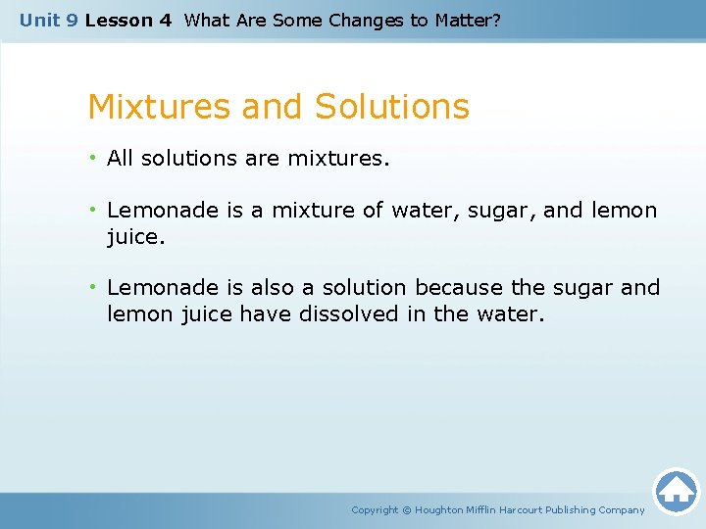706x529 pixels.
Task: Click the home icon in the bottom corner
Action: click(676, 491)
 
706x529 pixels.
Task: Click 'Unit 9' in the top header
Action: click(49, 20)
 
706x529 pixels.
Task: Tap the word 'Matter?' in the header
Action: click(466, 20)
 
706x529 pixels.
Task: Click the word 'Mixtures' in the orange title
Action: click(160, 106)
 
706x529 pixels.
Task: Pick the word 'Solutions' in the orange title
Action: click(392, 106)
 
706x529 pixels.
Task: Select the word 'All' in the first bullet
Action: click(120, 158)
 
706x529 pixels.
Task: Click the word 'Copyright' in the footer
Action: click(375, 510)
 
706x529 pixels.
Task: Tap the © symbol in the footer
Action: click(407, 510)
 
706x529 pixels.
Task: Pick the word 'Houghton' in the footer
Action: click(438, 510)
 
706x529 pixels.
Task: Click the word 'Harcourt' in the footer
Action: click(522, 510)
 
